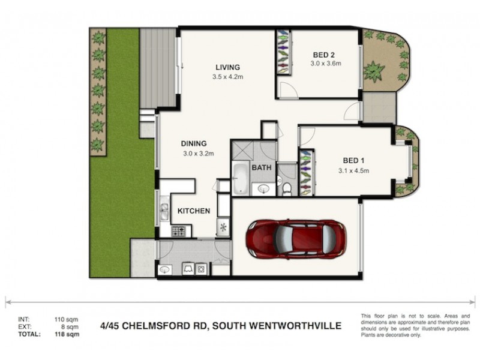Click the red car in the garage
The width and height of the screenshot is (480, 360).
296,239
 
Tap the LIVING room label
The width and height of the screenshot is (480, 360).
228,67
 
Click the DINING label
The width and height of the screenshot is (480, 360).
194,143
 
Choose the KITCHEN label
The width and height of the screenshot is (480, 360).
193,211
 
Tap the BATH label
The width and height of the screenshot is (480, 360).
262,167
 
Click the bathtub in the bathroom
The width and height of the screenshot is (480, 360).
241,178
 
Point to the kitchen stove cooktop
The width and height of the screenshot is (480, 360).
179,230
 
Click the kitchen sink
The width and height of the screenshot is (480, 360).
164,211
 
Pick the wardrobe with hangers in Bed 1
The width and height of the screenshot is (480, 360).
307,172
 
